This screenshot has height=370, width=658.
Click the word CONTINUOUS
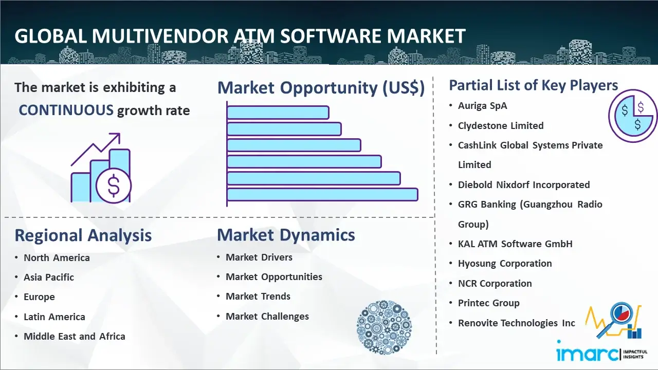66,110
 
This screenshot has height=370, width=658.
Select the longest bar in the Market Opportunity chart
322,195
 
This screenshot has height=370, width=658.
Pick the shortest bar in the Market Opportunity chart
278,113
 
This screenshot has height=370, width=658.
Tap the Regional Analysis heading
83,235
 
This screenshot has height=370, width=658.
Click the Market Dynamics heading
286,235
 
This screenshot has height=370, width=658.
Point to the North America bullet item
57,257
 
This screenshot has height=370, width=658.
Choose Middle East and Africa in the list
75,336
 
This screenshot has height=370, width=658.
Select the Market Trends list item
258,297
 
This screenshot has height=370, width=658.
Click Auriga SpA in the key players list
483,106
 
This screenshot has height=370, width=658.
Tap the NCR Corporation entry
495,283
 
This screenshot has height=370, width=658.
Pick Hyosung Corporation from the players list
505,264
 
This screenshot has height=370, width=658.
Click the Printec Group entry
489,303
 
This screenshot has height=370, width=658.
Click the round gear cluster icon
384,327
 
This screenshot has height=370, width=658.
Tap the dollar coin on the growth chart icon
114,186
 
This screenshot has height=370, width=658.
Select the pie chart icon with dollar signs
632,116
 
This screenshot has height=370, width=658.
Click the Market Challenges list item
267,316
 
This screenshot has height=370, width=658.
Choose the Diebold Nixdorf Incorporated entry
524,184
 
